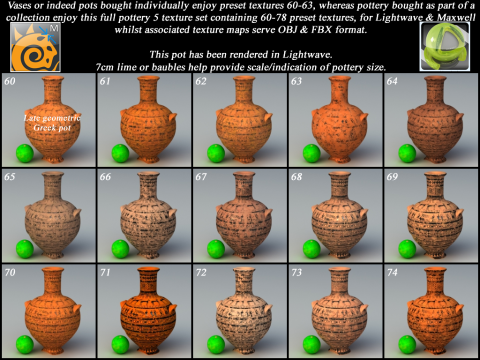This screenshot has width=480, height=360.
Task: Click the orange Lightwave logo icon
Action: point(35,47)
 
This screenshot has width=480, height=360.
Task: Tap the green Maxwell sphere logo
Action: point(445,46)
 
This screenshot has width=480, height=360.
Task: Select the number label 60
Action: point(10,81)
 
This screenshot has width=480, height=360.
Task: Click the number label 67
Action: point(201,177)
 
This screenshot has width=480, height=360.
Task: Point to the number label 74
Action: point(392,272)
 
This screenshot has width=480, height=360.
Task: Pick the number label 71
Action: point(105,272)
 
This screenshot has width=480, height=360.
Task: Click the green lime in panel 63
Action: point(312,153)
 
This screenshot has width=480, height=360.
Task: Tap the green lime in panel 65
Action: point(25,249)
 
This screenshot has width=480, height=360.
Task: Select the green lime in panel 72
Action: point(216,345)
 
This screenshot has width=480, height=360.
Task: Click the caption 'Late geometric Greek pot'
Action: point(52,123)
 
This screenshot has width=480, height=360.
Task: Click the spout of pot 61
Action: point(172,117)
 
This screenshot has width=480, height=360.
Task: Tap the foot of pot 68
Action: point(339,256)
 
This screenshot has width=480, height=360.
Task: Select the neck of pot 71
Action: point(148,283)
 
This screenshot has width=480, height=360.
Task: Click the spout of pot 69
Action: point(459,213)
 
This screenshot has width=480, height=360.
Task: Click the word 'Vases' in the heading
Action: point(19,5)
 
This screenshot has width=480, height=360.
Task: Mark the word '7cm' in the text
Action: point(105,67)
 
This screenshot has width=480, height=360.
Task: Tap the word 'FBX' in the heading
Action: point(320,30)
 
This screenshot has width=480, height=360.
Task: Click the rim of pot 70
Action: point(52,270)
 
